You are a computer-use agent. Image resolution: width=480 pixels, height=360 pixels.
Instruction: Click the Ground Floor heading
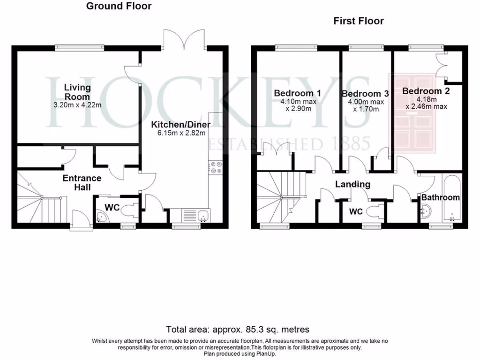point(119,6)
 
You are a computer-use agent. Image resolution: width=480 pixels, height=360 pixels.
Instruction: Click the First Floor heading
point(358,21)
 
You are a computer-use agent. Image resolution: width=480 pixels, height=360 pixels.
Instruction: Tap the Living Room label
point(77,92)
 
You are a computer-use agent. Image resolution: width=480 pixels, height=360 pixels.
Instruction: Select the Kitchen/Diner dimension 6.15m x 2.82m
point(180,133)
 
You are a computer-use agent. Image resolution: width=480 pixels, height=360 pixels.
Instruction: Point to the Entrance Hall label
point(82,183)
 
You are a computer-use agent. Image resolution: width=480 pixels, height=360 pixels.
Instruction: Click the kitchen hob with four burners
point(217,167)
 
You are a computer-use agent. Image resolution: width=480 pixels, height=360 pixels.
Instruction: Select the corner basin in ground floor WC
point(100,216)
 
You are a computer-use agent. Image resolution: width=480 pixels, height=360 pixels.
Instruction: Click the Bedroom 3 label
point(365,94)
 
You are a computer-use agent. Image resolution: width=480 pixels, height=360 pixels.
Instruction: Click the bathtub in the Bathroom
point(451,199)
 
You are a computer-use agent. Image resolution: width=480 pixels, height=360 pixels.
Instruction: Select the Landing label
point(352,184)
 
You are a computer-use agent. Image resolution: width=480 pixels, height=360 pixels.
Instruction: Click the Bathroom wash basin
point(425,213)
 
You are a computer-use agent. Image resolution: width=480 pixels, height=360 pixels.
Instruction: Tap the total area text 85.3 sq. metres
point(238,330)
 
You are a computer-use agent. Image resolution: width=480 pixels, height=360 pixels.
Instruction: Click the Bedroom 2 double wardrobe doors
point(443,65)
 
